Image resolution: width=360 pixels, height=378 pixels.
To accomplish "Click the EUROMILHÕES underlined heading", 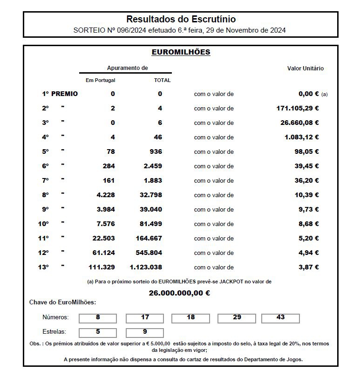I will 181,52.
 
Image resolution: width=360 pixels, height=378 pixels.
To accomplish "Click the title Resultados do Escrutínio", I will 181,20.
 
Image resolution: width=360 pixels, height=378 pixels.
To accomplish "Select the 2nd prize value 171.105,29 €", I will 298,108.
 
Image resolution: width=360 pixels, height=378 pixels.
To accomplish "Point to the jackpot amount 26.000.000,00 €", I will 179,293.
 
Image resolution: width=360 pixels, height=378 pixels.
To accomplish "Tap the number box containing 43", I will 280,318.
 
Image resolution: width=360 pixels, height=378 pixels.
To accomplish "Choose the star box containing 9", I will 145,332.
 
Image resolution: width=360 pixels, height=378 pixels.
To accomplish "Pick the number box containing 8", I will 98,318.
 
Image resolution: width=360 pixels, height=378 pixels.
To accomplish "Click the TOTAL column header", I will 162,80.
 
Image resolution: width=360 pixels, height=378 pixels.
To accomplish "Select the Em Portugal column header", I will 100,80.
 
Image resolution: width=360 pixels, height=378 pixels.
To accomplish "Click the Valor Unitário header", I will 305,69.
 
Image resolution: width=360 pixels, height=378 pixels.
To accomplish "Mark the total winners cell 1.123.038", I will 146,267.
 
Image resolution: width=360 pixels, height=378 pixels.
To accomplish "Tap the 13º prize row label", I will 43,267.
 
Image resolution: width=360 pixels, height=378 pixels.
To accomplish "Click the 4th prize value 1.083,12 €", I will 302,137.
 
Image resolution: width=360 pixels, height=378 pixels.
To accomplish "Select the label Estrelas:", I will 54,332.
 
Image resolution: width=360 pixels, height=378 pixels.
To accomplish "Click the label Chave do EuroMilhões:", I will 62,302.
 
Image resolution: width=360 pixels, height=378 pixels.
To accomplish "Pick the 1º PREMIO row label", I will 60,94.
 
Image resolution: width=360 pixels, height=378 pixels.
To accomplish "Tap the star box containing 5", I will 98,332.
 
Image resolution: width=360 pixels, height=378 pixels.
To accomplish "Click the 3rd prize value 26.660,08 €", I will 299,123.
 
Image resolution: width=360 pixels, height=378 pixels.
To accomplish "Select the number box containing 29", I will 237,318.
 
